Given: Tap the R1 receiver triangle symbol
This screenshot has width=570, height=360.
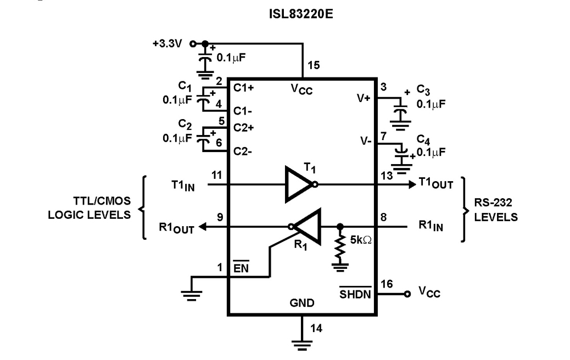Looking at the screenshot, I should click(307, 226).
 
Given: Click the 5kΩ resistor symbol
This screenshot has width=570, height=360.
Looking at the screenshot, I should click(341, 246).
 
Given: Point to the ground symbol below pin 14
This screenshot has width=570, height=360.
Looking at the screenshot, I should click(302, 343).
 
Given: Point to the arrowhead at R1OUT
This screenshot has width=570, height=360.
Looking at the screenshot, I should click(201, 226).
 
